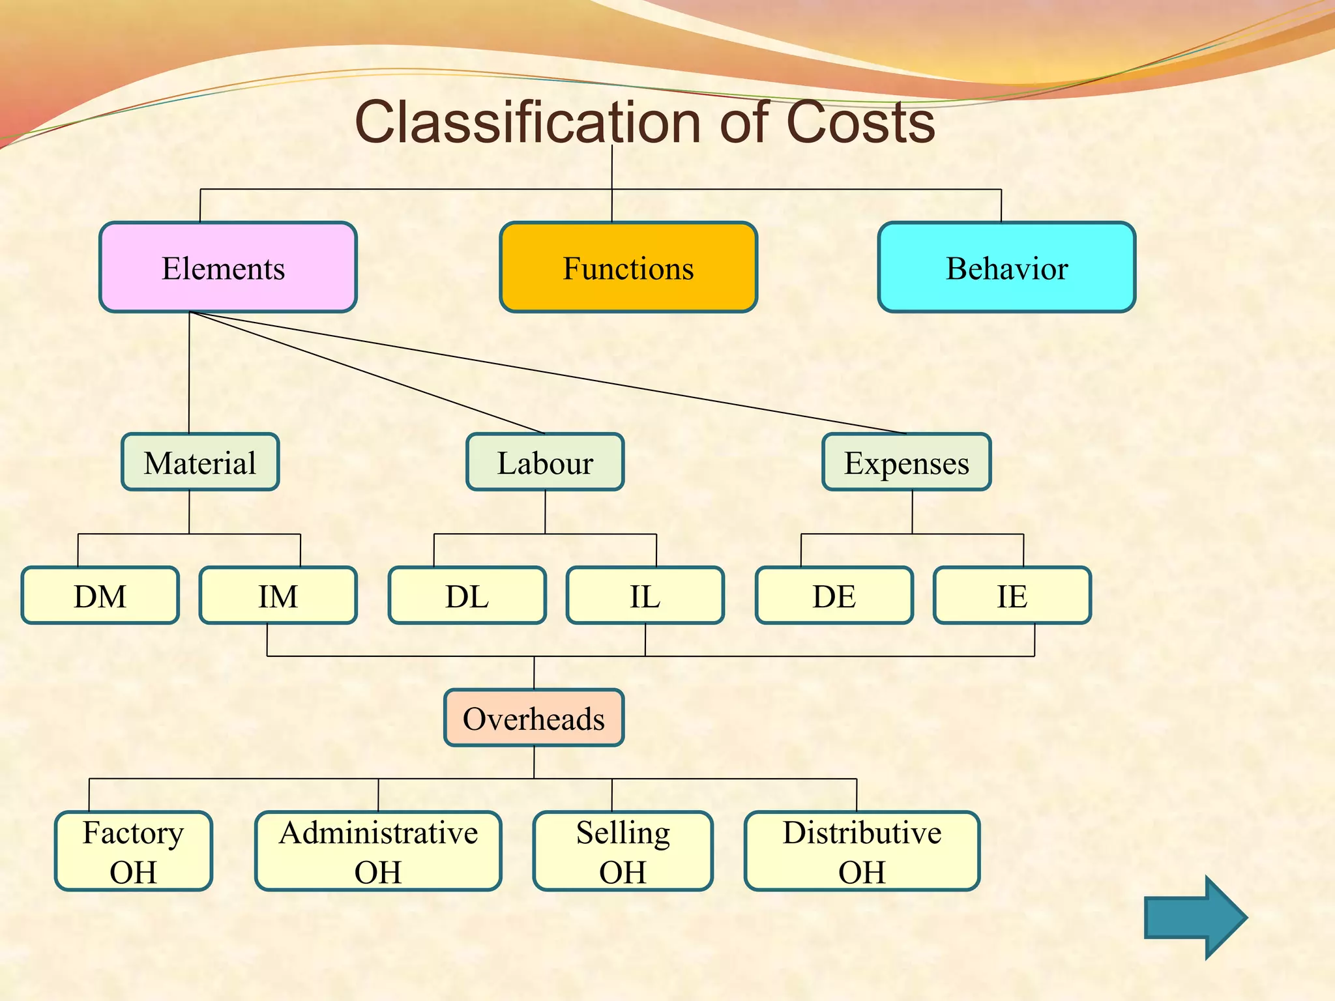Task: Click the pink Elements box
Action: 227,267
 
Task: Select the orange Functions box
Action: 628,267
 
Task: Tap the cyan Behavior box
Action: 1006,267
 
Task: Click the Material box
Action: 200,462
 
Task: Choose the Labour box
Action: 545,462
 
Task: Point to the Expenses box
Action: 906,462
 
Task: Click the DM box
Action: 100,596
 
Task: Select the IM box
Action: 278,596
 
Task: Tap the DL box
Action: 467,596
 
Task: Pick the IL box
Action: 645,596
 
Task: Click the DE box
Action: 834,596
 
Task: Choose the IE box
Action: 1012,596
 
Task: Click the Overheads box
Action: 534,718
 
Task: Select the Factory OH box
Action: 134,851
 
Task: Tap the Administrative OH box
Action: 378,851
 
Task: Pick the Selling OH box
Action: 623,851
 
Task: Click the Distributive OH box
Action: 862,851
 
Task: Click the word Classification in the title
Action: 529,123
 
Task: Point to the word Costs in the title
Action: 860,123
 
